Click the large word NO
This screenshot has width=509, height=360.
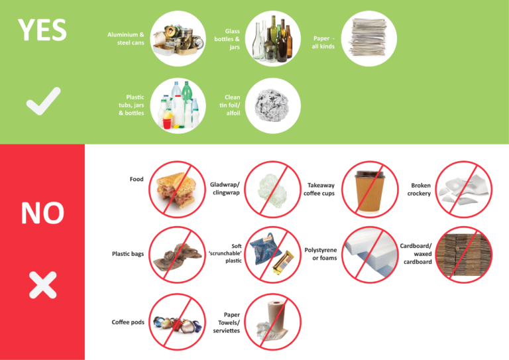coord(42,213)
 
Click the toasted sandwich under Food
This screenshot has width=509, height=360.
coord(176,188)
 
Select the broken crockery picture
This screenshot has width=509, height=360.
coord(464,189)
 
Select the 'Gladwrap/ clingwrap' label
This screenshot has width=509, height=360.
coord(225,188)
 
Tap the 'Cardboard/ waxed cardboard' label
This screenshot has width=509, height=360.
coord(416,254)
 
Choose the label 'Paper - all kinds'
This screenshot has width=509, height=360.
coord(323,42)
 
